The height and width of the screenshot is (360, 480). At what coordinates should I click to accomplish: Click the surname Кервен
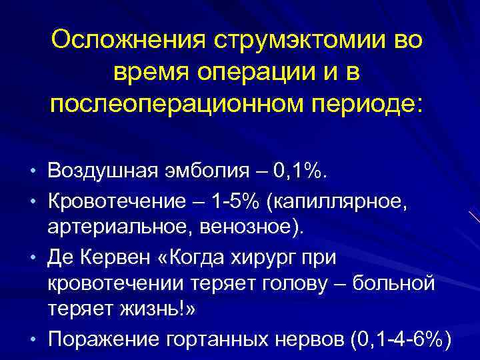pyautogui.click(x=123, y=257)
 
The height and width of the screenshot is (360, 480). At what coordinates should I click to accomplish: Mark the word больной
pyautogui.click(x=403, y=284)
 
